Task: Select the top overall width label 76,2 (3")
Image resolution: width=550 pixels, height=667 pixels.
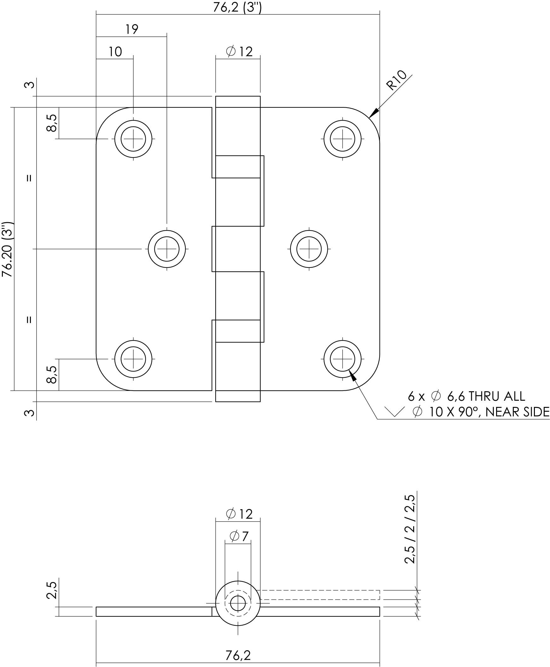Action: (237, 7)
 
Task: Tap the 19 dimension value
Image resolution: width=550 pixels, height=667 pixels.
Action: (131, 29)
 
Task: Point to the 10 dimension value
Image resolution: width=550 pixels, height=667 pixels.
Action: (115, 52)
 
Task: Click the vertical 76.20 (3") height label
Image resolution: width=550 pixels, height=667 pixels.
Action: (7, 249)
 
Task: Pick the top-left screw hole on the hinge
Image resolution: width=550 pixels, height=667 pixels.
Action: (133, 139)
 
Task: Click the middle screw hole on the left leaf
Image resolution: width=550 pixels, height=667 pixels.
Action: (167, 249)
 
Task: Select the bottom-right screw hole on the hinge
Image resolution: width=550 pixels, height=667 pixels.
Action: (342, 359)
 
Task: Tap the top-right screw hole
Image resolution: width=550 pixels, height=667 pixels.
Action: (342, 139)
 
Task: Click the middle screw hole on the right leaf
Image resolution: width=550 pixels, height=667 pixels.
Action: (309, 249)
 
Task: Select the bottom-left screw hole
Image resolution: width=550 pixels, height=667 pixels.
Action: (133, 359)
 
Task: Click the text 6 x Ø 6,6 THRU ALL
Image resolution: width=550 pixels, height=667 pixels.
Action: (466, 396)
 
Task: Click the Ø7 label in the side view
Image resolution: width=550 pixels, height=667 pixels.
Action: (239, 536)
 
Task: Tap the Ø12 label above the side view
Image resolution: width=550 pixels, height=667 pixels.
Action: (239, 514)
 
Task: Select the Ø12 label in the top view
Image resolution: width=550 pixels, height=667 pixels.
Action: (239, 51)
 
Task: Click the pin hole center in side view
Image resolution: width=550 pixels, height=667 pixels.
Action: (238, 603)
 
